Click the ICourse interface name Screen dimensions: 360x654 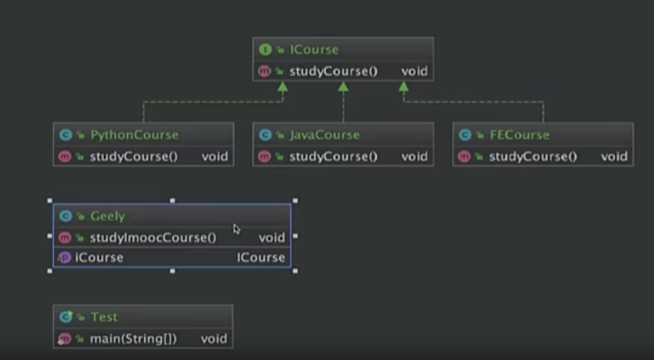click(x=314, y=50)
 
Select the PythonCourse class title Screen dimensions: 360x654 click(x=134, y=135)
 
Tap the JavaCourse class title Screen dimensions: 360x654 click(x=325, y=135)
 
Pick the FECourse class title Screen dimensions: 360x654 click(x=519, y=135)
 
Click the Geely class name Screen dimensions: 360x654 click(x=107, y=216)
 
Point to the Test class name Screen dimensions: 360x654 click(x=104, y=317)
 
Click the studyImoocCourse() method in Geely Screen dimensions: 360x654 click(x=153, y=237)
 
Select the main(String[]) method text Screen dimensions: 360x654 click(x=133, y=339)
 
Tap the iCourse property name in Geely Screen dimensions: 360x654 click(x=99, y=258)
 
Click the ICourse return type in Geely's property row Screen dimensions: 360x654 click(x=261, y=258)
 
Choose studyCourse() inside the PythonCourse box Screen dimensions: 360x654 click(x=134, y=157)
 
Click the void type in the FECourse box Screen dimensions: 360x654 click(x=614, y=157)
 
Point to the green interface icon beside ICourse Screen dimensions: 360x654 click(x=264, y=50)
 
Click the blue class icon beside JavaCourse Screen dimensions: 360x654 click(x=265, y=135)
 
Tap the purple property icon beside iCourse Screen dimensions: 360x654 click(x=65, y=258)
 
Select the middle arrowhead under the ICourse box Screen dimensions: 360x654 click(x=344, y=88)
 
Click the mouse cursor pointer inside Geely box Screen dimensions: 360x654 click(x=236, y=229)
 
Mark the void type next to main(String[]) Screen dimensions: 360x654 click(x=214, y=339)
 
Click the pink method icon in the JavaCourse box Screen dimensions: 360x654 click(x=264, y=157)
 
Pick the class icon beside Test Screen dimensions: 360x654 click(x=66, y=317)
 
